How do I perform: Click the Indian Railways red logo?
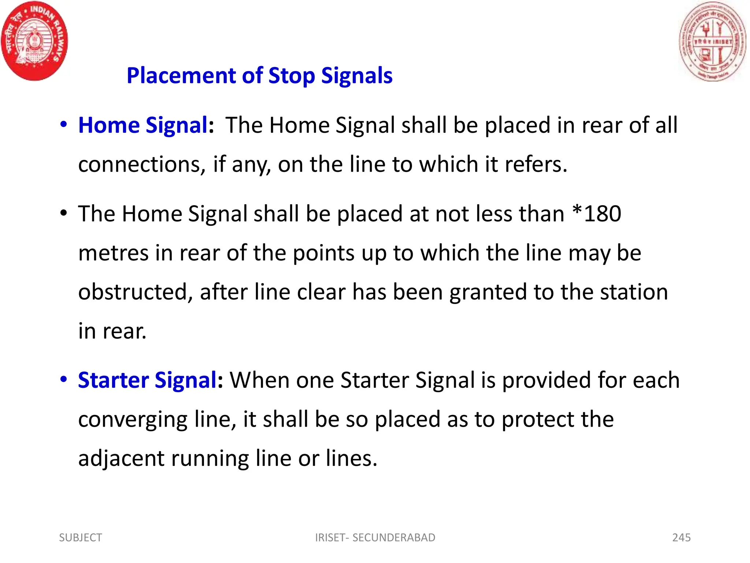34,40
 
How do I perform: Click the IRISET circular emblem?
712,41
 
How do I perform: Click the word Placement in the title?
181,76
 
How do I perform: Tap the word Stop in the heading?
292,76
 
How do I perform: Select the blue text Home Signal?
143,125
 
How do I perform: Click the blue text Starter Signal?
148,380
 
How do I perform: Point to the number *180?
597,214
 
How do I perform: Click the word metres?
113,253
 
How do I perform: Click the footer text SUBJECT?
81,538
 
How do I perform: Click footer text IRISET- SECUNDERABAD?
375,538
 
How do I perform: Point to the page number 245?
681,538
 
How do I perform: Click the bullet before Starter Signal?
64,379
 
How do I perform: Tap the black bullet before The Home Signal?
64,213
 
